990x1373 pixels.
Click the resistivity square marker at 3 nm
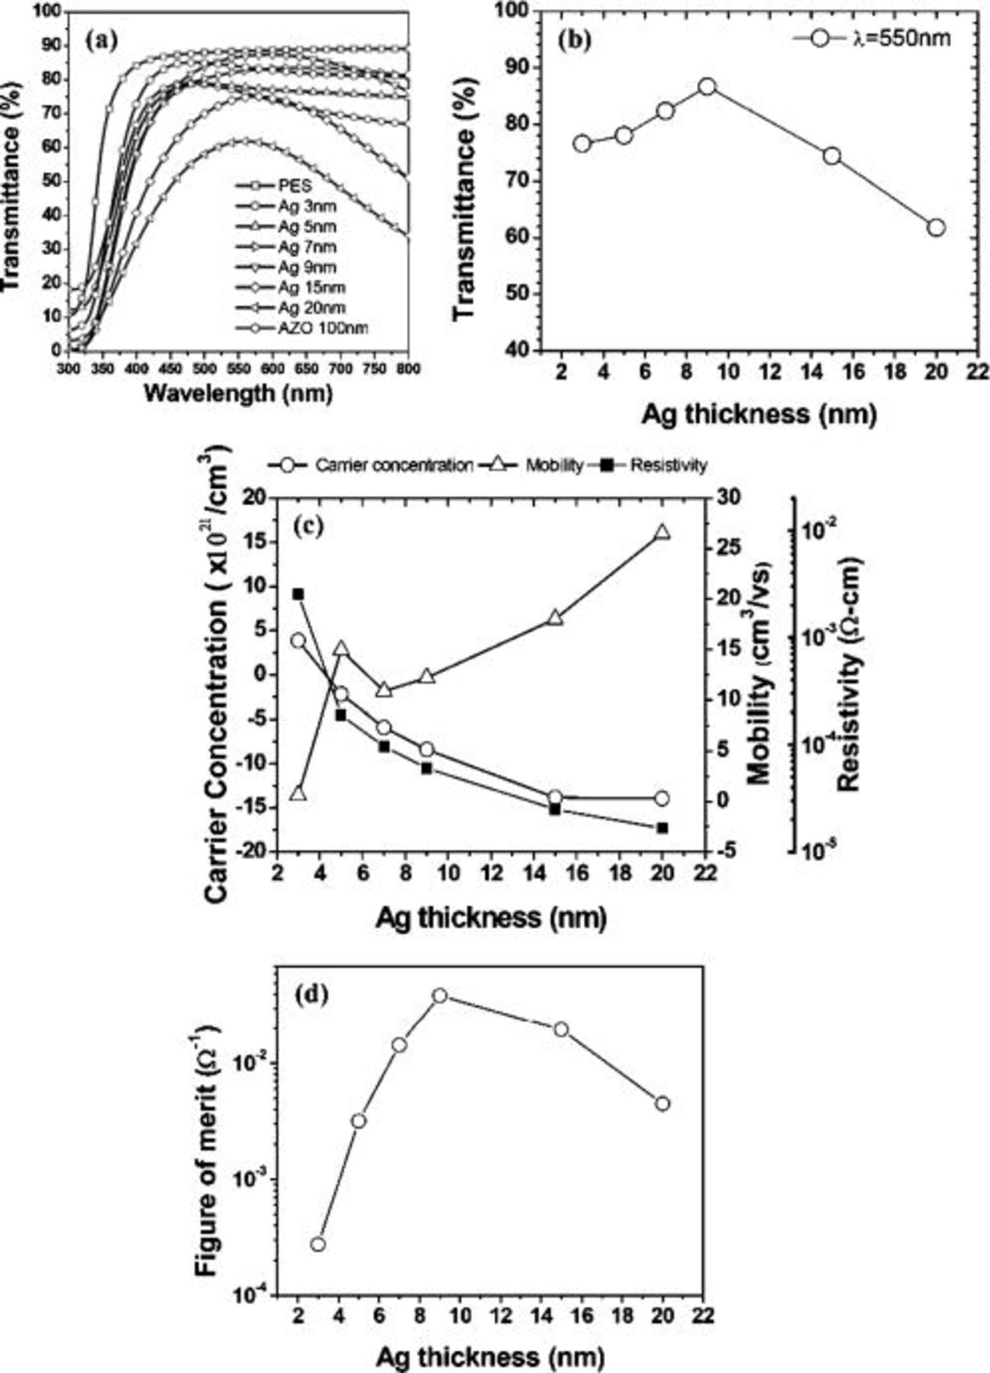coord(298,594)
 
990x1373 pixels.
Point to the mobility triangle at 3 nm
coord(298,794)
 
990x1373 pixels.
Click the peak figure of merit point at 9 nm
coord(440,996)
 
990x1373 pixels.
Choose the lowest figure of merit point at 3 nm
coord(318,1244)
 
